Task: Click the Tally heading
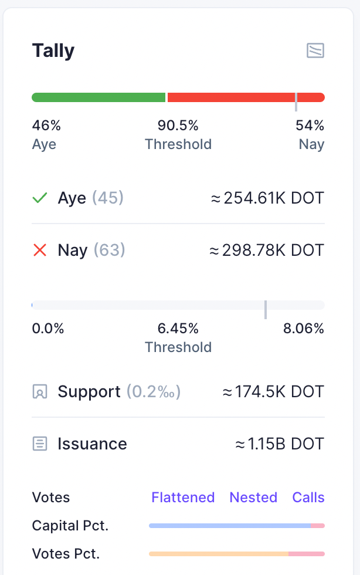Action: coord(53,51)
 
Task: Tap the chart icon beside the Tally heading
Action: coord(315,51)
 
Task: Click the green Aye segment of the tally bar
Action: coord(99,97)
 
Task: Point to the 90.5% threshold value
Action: coord(178,126)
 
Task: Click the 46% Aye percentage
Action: coord(46,126)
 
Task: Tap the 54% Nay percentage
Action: coord(310,126)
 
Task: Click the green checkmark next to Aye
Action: coord(40,198)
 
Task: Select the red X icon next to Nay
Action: coord(40,251)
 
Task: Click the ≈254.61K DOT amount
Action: coord(267,198)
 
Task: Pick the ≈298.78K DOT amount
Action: coord(267,251)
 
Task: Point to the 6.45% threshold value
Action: coord(178,329)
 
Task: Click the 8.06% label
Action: coord(304,329)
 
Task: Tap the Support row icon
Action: coord(40,392)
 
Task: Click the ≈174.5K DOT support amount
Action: coord(273,392)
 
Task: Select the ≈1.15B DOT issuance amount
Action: coord(279,444)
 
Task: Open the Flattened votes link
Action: coord(183,498)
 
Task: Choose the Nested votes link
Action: coord(253,498)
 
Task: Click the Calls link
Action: coord(308,498)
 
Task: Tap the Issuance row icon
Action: coord(40,444)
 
